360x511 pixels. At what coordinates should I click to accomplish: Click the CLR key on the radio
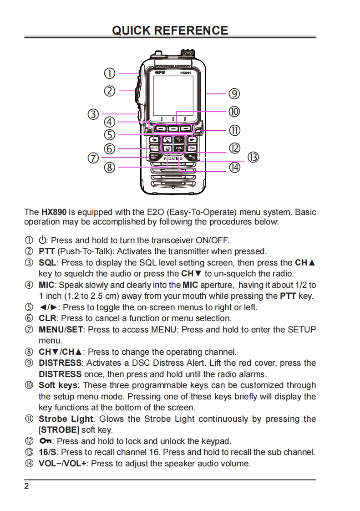[x=154, y=148]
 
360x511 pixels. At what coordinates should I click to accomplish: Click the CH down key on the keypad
[x=167, y=148]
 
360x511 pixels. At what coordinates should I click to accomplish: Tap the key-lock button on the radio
[x=193, y=148]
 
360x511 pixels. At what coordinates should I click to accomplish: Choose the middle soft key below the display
[x=174, y=129]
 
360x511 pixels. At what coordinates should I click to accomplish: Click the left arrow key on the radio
[x=154, y=139]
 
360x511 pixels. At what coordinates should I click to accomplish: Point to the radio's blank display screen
[x=174, y=96]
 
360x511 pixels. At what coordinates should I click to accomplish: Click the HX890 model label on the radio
[x=185, y=72]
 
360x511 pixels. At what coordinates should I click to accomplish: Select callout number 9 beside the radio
[x=234, y=94]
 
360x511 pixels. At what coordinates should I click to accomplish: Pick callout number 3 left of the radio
[x=93, y=114]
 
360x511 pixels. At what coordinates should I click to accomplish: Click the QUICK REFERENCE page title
[x=170, y=31]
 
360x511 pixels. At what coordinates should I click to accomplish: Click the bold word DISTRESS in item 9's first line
[x=61, y=363]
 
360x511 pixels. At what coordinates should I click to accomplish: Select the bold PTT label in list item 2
[x=47, y=251]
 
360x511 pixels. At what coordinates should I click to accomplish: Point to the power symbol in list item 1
[x=43, y=240]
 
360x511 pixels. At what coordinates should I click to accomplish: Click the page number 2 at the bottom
[x=26, y=486]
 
